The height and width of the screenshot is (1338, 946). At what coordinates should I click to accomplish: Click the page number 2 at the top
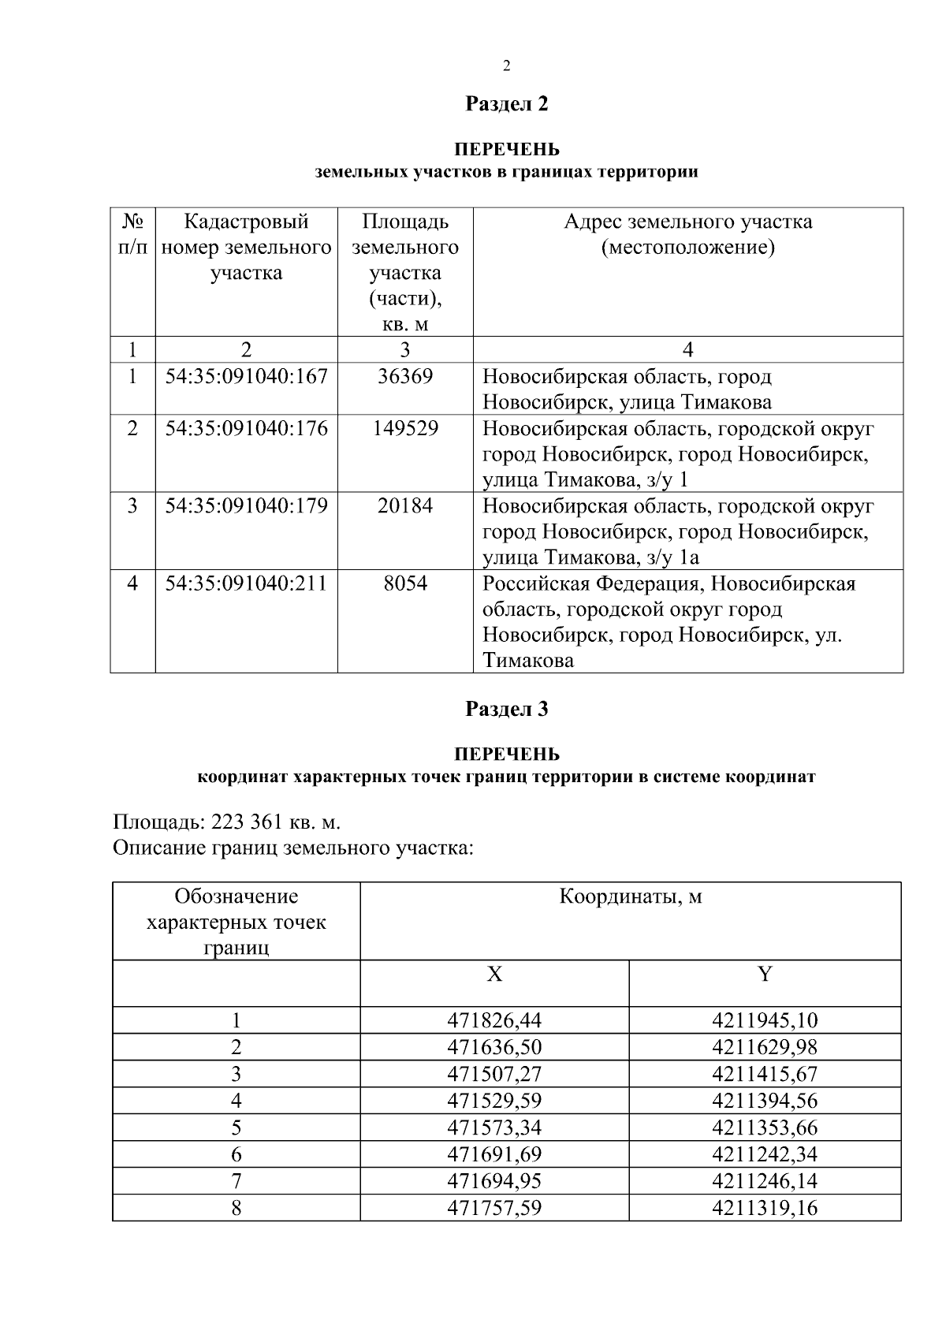(x=506, y=65)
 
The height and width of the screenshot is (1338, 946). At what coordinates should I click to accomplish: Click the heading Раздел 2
(x=506, y=103)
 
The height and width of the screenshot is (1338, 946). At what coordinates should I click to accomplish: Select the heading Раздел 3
(x=506, y=709)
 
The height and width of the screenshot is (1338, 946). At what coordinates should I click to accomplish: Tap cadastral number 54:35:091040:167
(x=246, y=376)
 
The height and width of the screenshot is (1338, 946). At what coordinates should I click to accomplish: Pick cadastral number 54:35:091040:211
(x=246, y=583)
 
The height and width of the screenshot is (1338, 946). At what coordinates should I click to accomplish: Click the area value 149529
(x=405, y=428)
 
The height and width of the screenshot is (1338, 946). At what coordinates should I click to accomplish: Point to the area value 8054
(x=405, y=583)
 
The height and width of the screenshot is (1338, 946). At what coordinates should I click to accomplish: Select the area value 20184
(x=405, y=505)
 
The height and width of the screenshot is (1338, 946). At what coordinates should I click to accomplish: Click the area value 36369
(x=405, y=376)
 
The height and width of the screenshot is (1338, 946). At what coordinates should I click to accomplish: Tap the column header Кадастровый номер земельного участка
(x=246, y=247)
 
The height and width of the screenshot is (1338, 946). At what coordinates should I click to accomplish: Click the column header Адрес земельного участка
(x=687, y=234)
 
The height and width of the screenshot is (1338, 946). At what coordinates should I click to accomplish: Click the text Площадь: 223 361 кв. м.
(x=227, y=822)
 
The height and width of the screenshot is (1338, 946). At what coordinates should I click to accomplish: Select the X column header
(x=494, y=975)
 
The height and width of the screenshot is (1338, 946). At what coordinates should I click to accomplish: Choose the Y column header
(x=765, y=975)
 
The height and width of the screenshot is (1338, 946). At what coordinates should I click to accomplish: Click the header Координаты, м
(x=630, y=896)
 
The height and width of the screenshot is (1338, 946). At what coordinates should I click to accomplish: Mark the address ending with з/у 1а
(x=678, y=531)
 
